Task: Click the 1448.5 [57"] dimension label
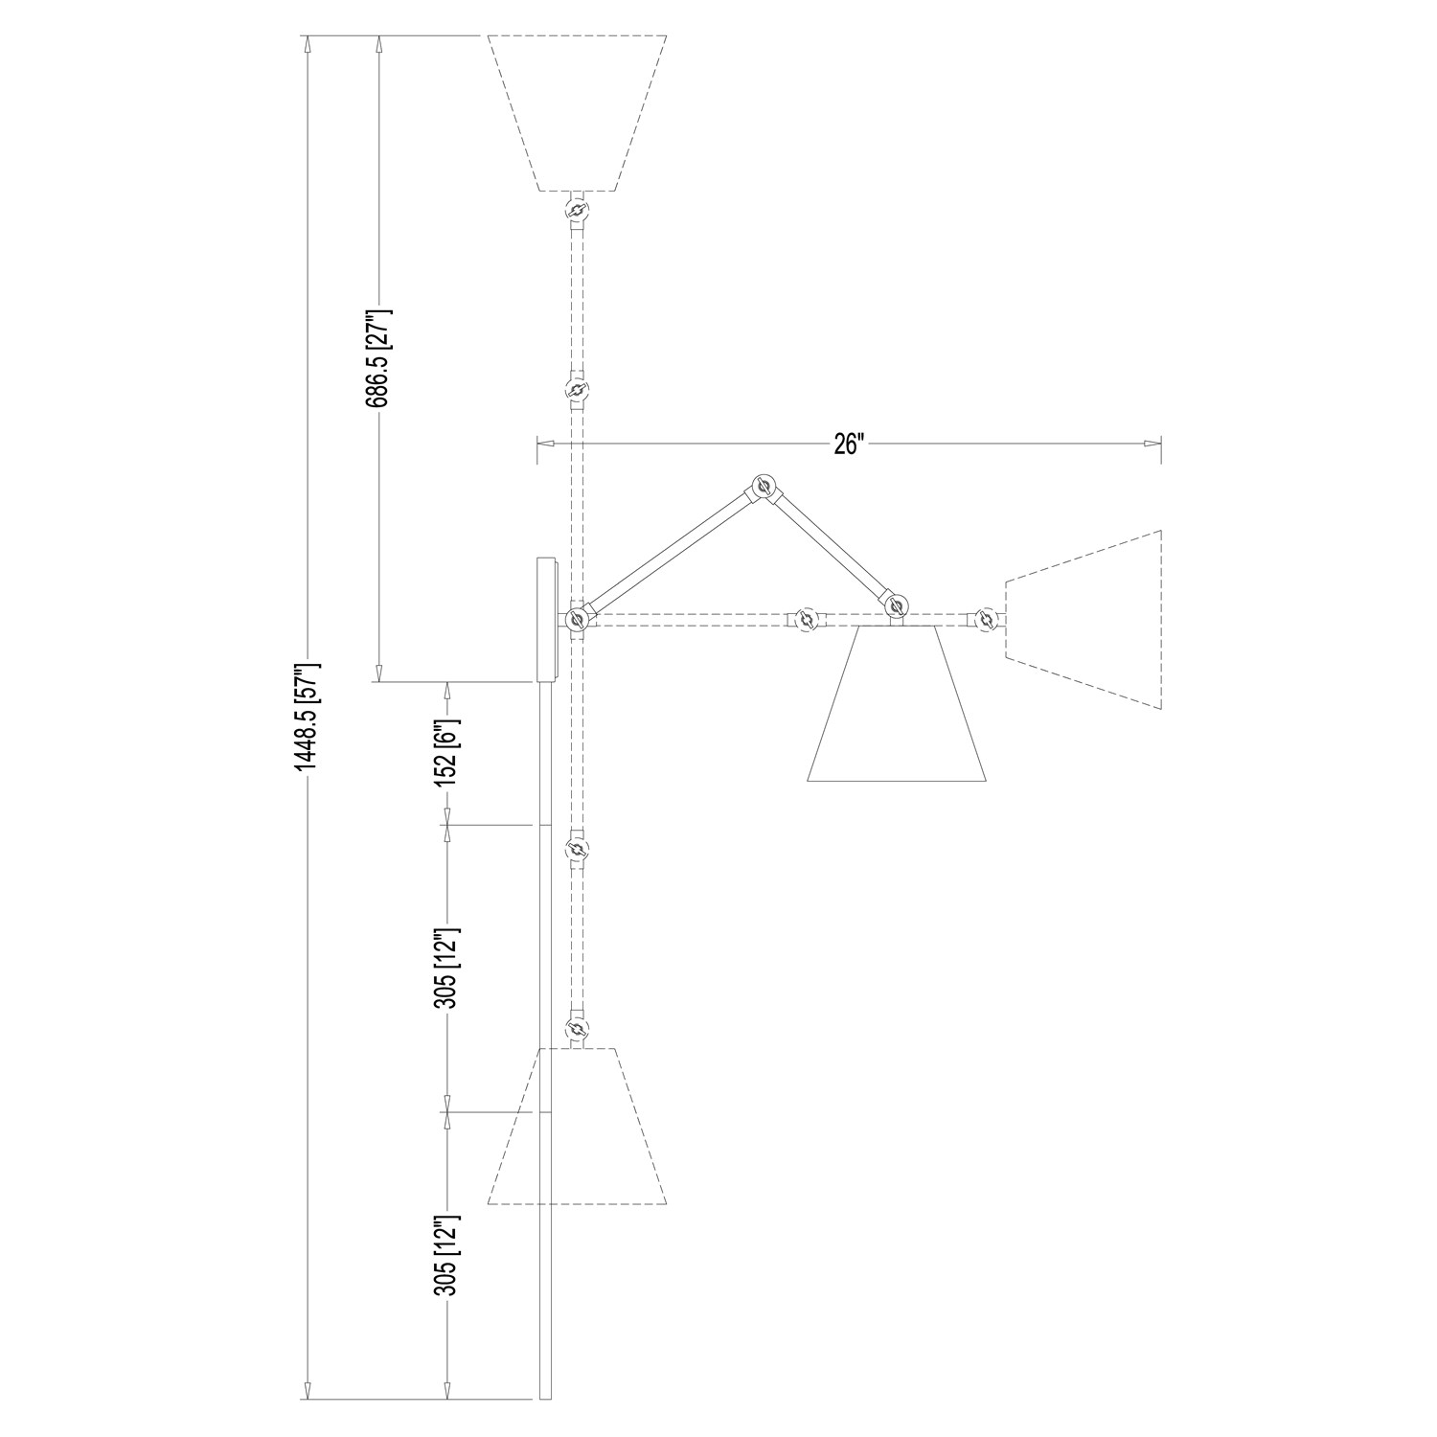[x=306, y=718]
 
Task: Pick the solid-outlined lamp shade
[x=898, y=703]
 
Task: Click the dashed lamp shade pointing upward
[x=577, y=113]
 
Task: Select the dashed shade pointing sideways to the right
[x=1083, y=619]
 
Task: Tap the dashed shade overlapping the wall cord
[x=577, y=1126]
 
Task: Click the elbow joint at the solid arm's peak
[x=764, y=488]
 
